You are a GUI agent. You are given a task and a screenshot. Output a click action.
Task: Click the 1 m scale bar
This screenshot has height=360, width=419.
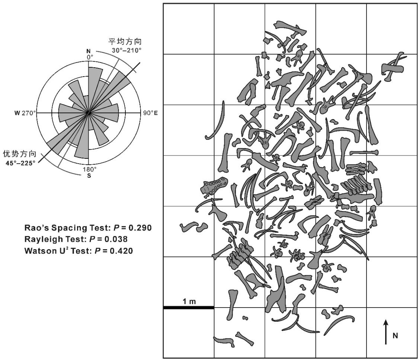pyautogui.click(x=189, y=308)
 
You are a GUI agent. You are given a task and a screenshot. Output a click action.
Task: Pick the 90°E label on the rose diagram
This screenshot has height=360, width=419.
pyautogui.click(x=150, y=112)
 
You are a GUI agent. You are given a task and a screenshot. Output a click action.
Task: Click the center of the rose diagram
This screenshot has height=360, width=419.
pyautogui.click(x=88, y=112)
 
